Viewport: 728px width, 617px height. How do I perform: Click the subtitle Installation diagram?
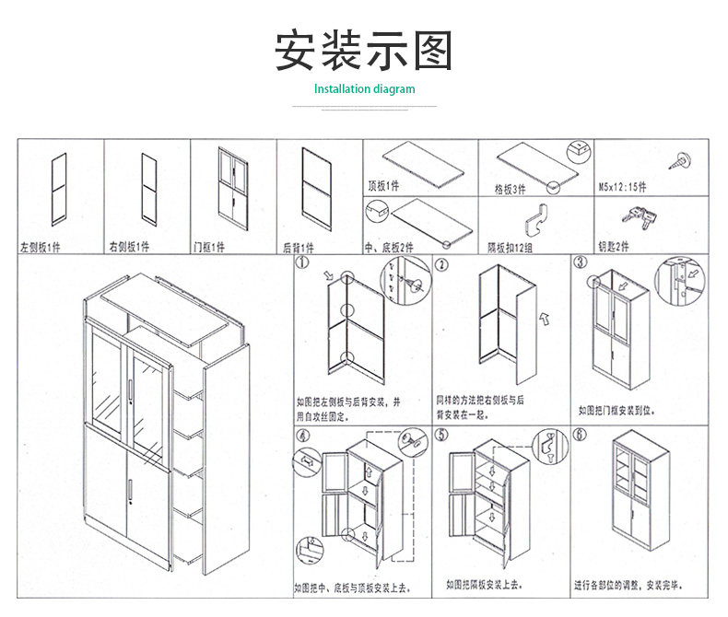coord(364,89)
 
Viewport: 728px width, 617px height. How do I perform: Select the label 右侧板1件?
coord(129,248)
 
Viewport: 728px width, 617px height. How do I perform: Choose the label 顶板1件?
coord(383,186)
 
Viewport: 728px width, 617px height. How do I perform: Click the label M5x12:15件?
coord(623,187)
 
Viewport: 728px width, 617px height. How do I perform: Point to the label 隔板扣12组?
coord(510,248)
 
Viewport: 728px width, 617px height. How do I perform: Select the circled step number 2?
coord(442,265)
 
